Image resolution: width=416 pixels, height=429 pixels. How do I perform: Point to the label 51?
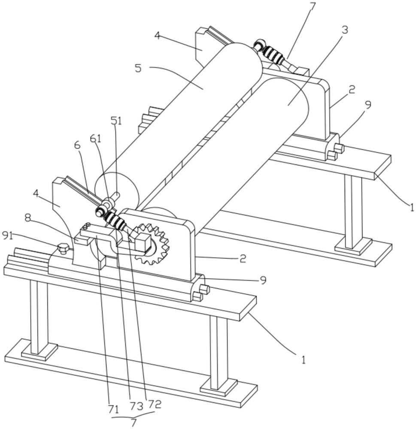pos(116,121)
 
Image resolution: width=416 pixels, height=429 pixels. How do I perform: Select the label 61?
pos(96,138)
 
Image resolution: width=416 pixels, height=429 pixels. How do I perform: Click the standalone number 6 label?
pos(78,145)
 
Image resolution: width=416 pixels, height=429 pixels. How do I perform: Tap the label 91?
pos(8,235)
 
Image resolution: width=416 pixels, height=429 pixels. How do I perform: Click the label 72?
pos(155,404)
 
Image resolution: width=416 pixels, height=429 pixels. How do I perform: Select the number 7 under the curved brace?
pos(134,423)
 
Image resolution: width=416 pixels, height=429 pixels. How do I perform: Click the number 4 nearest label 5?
pos(158,36)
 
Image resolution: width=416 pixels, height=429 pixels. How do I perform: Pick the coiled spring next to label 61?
pos(115,220)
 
